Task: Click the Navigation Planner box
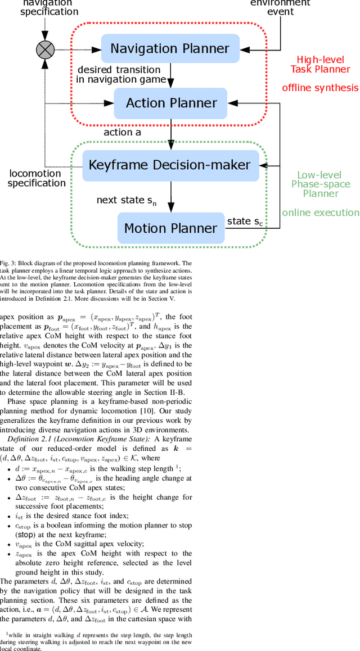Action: point(170,48)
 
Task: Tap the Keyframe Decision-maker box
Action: point(170,165)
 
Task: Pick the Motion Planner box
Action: point(170,228)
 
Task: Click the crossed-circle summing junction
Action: point(46,49)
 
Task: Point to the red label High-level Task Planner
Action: point(319,64)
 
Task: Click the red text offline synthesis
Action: point(319,88)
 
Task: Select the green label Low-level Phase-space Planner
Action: point(319,184)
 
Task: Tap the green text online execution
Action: point(320,213)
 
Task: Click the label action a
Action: point(123,133)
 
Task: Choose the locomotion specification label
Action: point(37,178)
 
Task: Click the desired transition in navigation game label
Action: point(121,74)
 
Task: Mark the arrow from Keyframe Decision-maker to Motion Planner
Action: point(170,196)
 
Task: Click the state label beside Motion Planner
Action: point(245,221)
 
